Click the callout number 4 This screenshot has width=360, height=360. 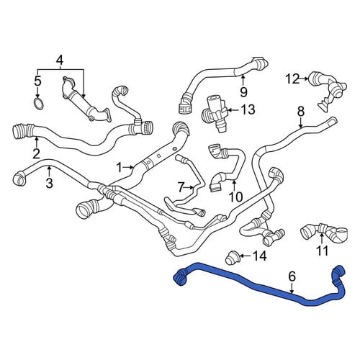point(60,60)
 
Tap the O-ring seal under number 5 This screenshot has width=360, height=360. point(38,104)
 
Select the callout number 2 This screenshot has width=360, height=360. point(36,153)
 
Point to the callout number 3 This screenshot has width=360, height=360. point(49,183)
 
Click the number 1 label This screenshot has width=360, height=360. point(120,167)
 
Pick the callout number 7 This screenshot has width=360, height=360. point(181,186)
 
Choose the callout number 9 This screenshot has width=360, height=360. point(244,91)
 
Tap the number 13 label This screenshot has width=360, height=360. point(248,109)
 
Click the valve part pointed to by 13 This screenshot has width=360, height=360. point(215,113)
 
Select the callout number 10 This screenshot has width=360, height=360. point(236,197)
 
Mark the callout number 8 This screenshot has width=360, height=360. point(301,112)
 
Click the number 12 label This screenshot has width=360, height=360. point(292,78)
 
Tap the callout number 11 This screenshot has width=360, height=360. point(322,251)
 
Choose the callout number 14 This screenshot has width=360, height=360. point(260,256)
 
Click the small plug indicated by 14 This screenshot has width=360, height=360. point(232,258)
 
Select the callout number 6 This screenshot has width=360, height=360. point(292,276)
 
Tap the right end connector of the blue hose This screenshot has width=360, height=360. point(338,273)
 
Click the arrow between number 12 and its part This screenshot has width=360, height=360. point(304,78)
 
